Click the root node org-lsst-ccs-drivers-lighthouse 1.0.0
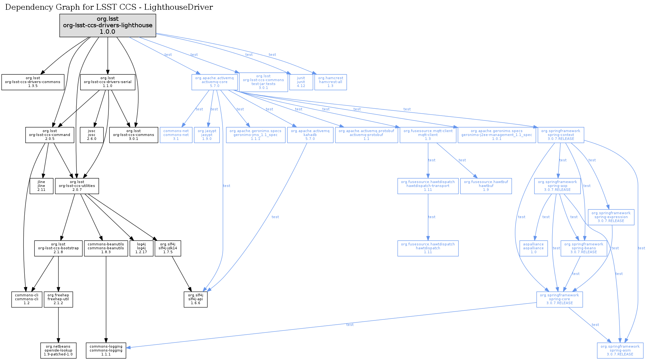click(107, 25)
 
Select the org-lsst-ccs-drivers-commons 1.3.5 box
click(32, 82)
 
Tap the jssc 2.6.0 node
click(92, 135)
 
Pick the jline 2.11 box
click(41, 186)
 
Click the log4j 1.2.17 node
click(141, 248)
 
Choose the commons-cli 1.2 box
click(27, 299)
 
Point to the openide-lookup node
click(58, 351)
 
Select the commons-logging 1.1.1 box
click(106, 351)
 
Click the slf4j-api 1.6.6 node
click(195, 299)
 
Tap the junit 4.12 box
click(301, 82)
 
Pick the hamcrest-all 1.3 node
click(330, 82)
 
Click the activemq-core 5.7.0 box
click(214, 82)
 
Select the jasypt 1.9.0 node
click(207, 135)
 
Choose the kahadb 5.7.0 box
click(310, 135)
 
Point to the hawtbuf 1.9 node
click(486, 186)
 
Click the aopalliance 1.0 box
click(533, 248)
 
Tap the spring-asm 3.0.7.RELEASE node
click(620, 351)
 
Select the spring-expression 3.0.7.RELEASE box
click(611, 217)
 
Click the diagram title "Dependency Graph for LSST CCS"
click(109, 7)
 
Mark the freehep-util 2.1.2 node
click(58, 299)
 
